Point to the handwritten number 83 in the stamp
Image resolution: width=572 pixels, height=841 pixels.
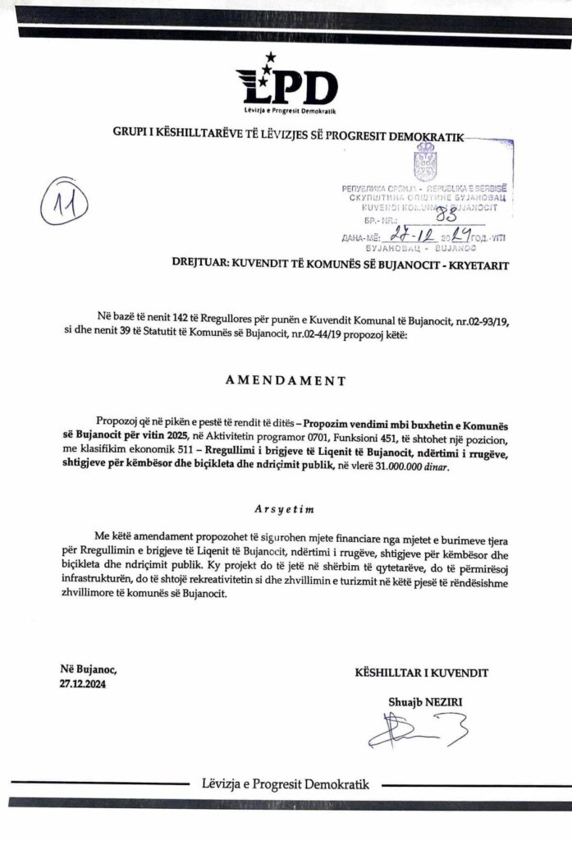click(x=446, y=217)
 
